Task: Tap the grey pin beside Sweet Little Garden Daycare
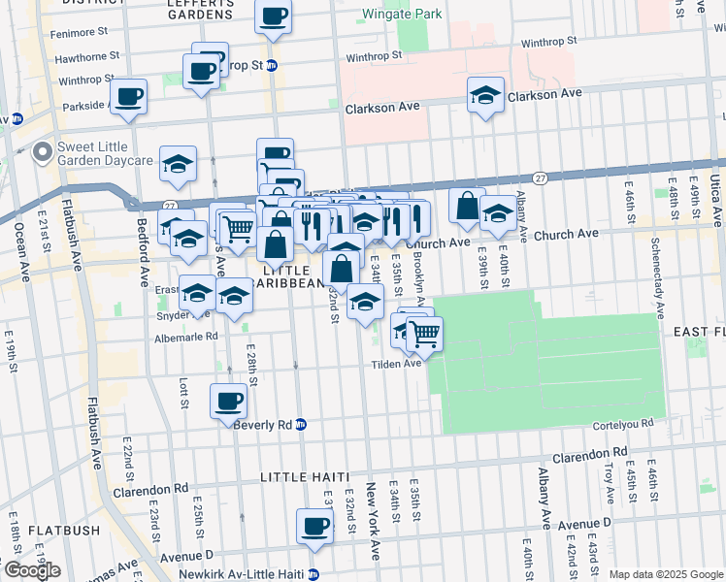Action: pyautogui.click(x=42, y=152)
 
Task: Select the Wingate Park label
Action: pyautogui.click(x=401, y=15)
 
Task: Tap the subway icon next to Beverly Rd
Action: pyautogui.click(x=302, y=425)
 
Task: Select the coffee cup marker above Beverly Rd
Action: pyautogui.click(x=229, y=400)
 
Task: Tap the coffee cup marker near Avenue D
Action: pyautogui.click(x=313, y=526)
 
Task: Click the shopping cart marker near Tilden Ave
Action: pyautogui.click(x=424, y=334)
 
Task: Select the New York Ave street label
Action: pyautogui.click(x=373, y=533)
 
